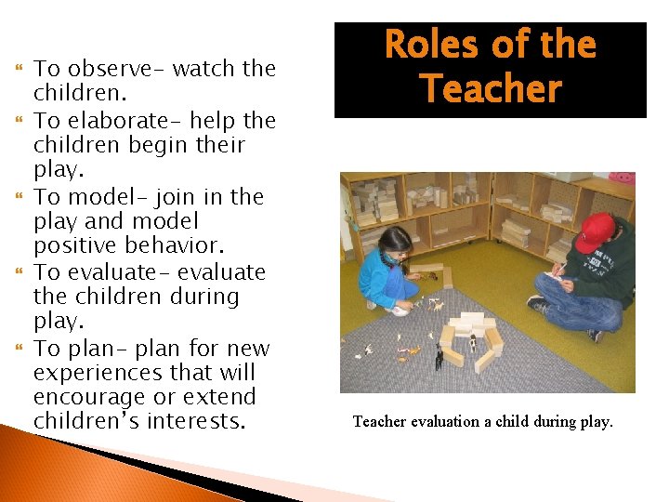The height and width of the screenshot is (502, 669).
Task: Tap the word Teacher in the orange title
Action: (x=490, y=89)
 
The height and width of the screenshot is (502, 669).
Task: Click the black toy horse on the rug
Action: (x=438, y=356)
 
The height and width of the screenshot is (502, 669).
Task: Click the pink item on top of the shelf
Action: (x=622, y=178)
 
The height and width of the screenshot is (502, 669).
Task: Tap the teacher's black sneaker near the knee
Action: (x=538, y=303)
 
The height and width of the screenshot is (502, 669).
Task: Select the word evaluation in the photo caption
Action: (x=447, y=422)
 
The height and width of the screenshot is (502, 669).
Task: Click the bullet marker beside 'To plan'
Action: (x=20, y=350)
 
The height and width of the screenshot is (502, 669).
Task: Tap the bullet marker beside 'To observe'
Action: (x=20, y=69)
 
